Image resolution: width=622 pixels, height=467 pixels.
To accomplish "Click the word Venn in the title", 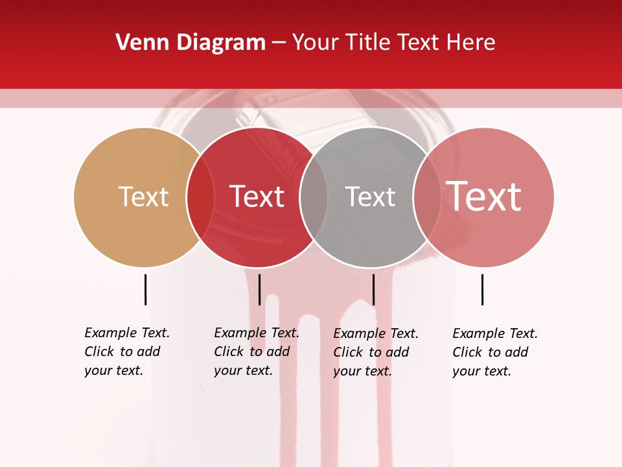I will (138, 43).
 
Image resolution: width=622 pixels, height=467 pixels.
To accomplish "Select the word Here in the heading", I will (472, 43).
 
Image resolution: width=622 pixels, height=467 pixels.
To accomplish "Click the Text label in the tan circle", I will (143, 197).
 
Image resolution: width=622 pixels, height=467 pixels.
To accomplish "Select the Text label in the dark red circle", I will (257, 197).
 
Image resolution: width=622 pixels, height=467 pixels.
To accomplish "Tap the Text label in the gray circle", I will (370, 197).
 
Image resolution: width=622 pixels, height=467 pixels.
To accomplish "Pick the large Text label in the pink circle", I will (484, 197).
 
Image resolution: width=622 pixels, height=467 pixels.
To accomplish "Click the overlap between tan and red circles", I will (200, 197).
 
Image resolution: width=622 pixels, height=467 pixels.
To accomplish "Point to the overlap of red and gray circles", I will (314, 197).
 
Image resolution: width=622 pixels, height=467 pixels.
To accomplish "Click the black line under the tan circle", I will (145, 289).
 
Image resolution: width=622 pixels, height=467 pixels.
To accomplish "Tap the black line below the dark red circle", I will (259, 289).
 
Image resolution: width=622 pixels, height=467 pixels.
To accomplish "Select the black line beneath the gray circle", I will (373, 289).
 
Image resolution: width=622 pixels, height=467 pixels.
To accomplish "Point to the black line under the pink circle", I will (482, 289).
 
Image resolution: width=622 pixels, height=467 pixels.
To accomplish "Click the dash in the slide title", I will (279, 43).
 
